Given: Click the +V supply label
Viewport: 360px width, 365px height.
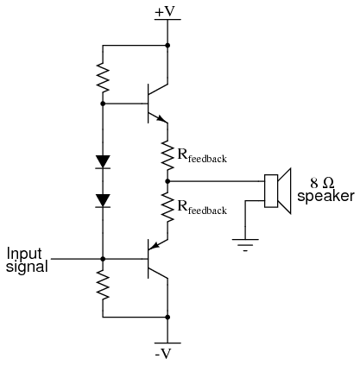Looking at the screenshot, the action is coord(165,11).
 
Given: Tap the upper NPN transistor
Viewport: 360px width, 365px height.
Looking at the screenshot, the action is coord(157,104).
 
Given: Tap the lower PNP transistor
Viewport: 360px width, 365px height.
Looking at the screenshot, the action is coord(157,259).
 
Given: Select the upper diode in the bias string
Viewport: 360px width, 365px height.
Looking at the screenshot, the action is coord(103,161).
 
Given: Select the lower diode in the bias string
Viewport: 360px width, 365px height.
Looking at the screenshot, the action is coord(103,201).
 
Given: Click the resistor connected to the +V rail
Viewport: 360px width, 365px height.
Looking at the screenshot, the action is coord(103,77).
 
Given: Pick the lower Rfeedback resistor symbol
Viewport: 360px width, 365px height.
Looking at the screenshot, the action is coord(167,207).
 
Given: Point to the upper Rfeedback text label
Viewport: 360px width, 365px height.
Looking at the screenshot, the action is coord(202,156).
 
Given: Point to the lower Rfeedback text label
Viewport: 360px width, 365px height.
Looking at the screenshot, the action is coord(202,208).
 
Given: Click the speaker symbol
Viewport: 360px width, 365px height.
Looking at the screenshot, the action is coord(278,191).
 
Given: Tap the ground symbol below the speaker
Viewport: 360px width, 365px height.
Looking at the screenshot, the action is coord(245,245).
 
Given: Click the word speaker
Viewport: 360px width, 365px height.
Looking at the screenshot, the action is coord(325,197).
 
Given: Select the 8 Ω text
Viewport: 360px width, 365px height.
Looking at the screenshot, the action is coord(322,183).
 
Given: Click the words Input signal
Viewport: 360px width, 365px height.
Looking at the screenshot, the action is coord(27,260).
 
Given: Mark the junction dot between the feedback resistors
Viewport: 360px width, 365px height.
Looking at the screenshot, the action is coord(167,181).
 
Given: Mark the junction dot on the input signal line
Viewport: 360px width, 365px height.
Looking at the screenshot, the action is coord(103,259).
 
